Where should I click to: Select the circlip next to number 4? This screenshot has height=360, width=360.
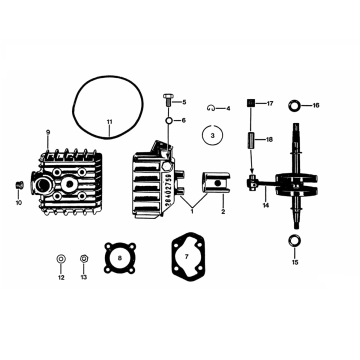point(211,107)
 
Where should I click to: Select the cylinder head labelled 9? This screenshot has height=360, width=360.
point(73,178)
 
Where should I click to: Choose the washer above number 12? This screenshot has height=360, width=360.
point(61,259)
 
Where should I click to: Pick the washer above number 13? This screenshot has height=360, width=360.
point(84,259)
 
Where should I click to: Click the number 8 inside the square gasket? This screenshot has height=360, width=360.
point(122,259)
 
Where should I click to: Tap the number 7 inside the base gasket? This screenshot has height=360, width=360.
point(186,259)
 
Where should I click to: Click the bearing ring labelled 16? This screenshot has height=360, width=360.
point(295,105)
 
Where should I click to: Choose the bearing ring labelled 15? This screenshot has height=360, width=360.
point(295,241)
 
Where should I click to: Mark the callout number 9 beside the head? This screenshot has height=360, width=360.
point(47,133)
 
